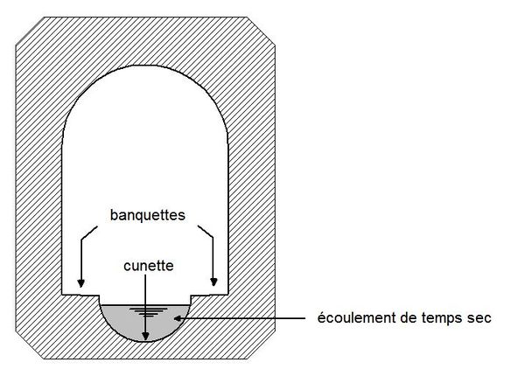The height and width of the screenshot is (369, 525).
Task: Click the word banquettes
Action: pyautogui.click(x=147, y=215)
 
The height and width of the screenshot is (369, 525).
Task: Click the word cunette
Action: pyautogui.click(x=149, y=266)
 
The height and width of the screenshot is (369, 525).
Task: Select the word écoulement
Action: pyautogui.click(x=357, y=317)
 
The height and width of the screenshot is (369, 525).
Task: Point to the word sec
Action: pyautogui.click(x=479, y=318)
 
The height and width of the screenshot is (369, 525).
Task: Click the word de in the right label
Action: pyautogui.click(x=409, y=317)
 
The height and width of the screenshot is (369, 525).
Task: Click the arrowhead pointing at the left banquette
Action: pyautogui.click(x=80, y=282)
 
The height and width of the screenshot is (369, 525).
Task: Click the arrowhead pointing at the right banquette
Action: pyautogui.click(x=213, y=282)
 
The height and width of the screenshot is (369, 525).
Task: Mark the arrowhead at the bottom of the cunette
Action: pyautogui.click(x=145, y=336)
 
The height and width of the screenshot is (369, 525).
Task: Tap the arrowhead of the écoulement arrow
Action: pyautogui.click(x=178, y=318)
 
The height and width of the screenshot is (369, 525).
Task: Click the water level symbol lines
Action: pyautogui.click(x=149, y=311)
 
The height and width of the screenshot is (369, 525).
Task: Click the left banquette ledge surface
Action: pyautogui.click(x=80, y=295)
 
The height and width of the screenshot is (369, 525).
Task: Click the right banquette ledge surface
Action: pyautogui.click(x=210, y=295)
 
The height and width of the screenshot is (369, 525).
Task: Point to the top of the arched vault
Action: pyautogui.click(x=145, y=66)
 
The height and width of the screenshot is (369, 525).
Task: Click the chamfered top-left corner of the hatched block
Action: pyautogui.click(x=30, y=31)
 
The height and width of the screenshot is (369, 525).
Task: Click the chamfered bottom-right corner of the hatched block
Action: pyautogui.click(x=262, y=345)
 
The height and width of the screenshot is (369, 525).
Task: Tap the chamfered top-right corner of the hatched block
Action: pyautogui.click(x=262, y=31)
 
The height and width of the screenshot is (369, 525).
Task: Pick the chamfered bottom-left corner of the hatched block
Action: pyautogui.click(x=30, y=345)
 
